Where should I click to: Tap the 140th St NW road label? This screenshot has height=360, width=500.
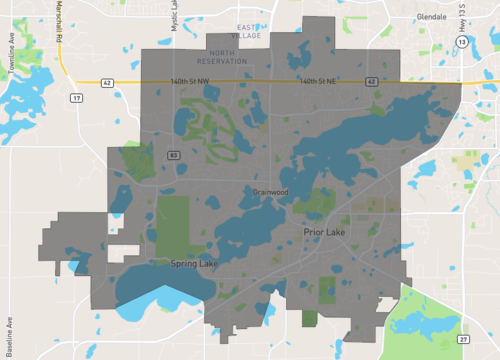pos(192,80)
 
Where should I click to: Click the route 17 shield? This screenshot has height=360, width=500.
pos(75,98)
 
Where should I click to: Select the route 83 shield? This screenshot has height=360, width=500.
pos(173,155)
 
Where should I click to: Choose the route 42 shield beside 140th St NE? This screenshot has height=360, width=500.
pos(371,80)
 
